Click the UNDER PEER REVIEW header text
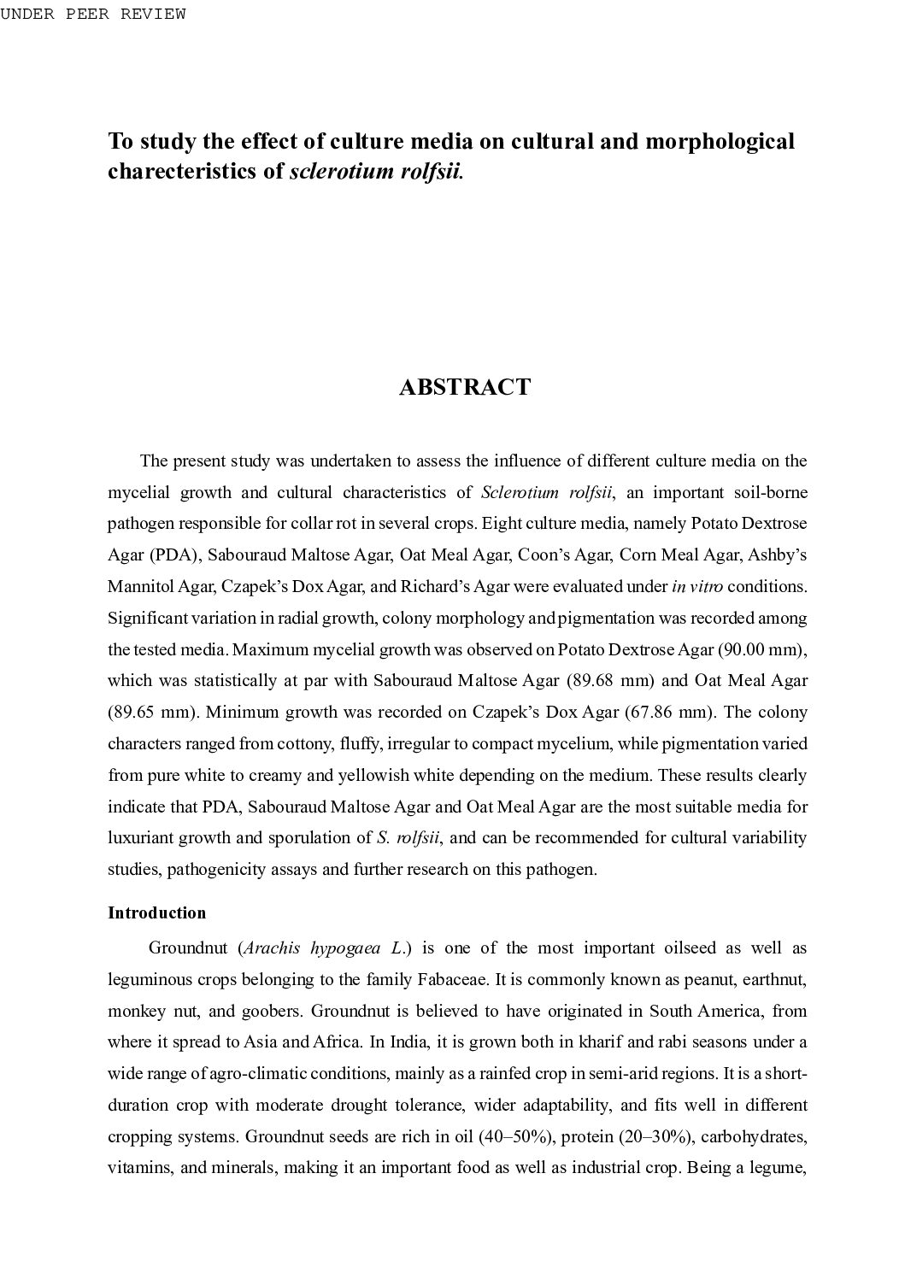point(93,14)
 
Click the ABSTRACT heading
point(464,387)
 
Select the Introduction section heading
point(156,912)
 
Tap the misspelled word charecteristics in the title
point(195,171)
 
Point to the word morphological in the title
point(720,141)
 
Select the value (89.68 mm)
point(610,681)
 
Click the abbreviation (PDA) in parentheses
point(176,555)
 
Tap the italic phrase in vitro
point(697,587)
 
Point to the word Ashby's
point(777,555)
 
